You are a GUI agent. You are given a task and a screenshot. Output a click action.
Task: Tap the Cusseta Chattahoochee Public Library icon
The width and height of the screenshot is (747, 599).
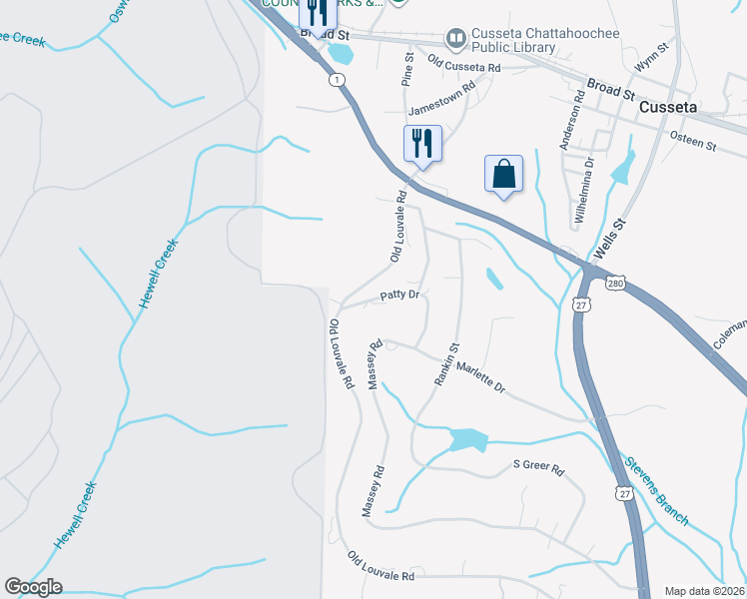point(456,38)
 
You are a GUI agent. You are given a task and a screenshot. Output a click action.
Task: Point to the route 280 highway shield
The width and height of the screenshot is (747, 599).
point(615,284)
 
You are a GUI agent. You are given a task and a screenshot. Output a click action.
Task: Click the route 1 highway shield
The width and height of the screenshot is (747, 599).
point(340,80)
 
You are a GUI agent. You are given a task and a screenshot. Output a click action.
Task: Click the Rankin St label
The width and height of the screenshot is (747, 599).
point(445,364)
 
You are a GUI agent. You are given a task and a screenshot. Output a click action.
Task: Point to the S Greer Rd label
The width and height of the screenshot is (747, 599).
point(538,465)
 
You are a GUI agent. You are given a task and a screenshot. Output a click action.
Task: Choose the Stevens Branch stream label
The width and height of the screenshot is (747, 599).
point(656,490)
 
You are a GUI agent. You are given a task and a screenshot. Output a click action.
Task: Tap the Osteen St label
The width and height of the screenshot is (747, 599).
point(693,141)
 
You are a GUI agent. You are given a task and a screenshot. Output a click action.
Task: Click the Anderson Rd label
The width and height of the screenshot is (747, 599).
point(570,119)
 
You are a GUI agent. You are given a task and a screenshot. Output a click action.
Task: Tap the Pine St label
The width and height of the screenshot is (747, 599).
point(407,71)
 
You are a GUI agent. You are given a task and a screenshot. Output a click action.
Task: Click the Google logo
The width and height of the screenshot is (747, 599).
point(33,587)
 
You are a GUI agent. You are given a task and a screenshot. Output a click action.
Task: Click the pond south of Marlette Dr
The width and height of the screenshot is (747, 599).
point(467,439)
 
